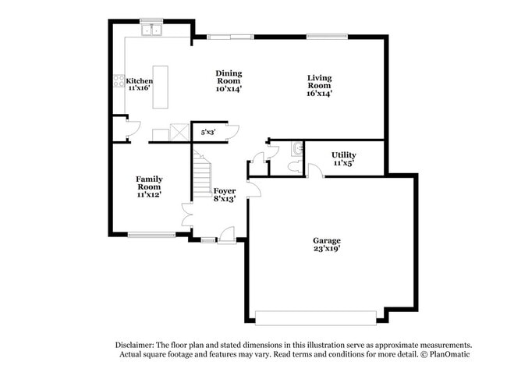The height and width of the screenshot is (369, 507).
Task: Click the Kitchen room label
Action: [x=139, y=80]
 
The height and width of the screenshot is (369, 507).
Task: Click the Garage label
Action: [x=327, y=241]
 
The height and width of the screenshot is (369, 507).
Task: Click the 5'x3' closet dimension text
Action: [x=208, y=133]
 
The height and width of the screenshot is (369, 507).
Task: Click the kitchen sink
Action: [x=151, y=31]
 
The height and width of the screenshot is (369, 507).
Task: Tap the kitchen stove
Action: [x=119, y=80]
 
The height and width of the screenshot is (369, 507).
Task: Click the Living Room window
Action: [x=321, y=36]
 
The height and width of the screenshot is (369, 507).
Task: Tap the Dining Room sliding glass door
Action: [x=231, y=36]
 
